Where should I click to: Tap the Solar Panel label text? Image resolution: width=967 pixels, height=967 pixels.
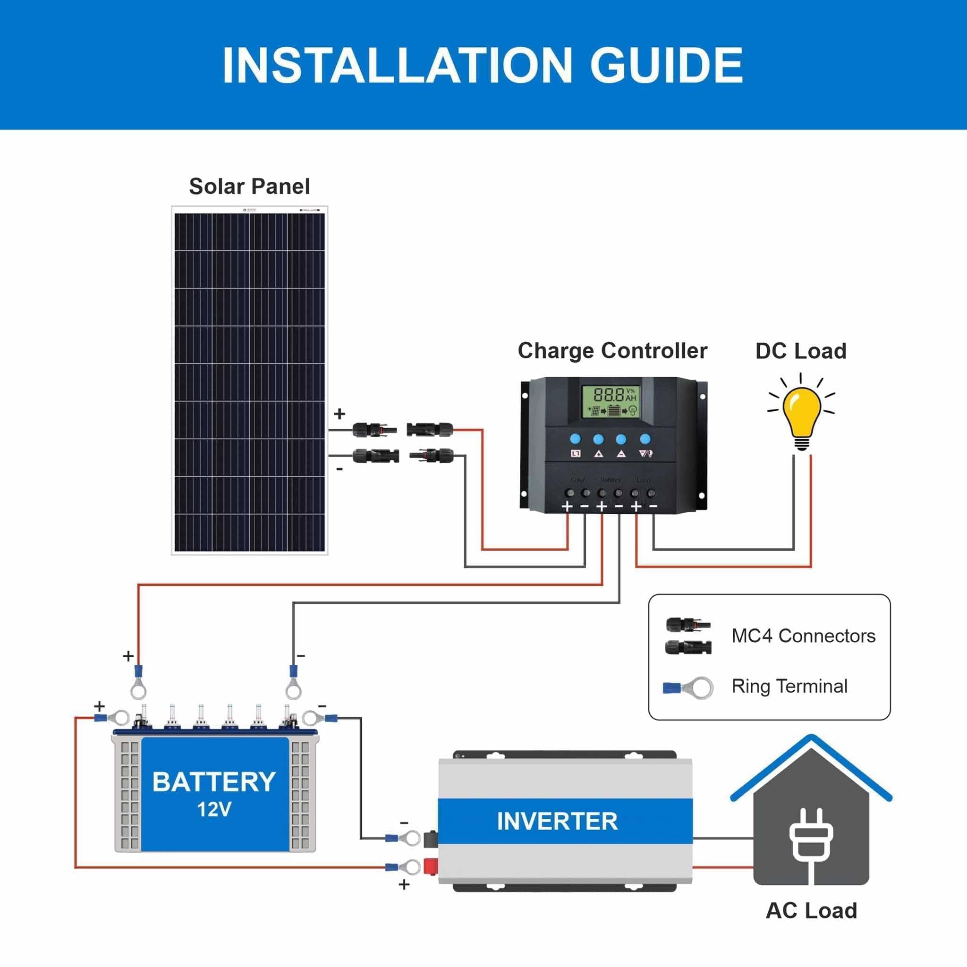[x=249, y=187]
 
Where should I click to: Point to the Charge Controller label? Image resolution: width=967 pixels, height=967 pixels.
[x=612, y=351]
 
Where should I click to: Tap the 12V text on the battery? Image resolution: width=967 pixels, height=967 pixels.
[x=214, y=809]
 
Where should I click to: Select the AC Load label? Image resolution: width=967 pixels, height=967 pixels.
[x=811, y=910]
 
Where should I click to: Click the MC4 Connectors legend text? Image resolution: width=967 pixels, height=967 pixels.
[x=803, y=636]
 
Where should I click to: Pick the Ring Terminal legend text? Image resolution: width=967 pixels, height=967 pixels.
[x=789, y=686]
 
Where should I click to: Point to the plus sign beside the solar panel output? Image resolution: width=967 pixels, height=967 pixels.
[x=339, y=414]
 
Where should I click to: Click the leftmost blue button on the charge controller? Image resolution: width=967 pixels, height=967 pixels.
[x=575, y=439]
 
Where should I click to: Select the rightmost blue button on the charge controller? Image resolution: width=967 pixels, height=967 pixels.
[x=645, y=439]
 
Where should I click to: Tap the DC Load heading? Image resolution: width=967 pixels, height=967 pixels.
[x=800, y=351]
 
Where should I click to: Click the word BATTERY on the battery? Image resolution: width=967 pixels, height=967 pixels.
[x=214, y=782]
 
